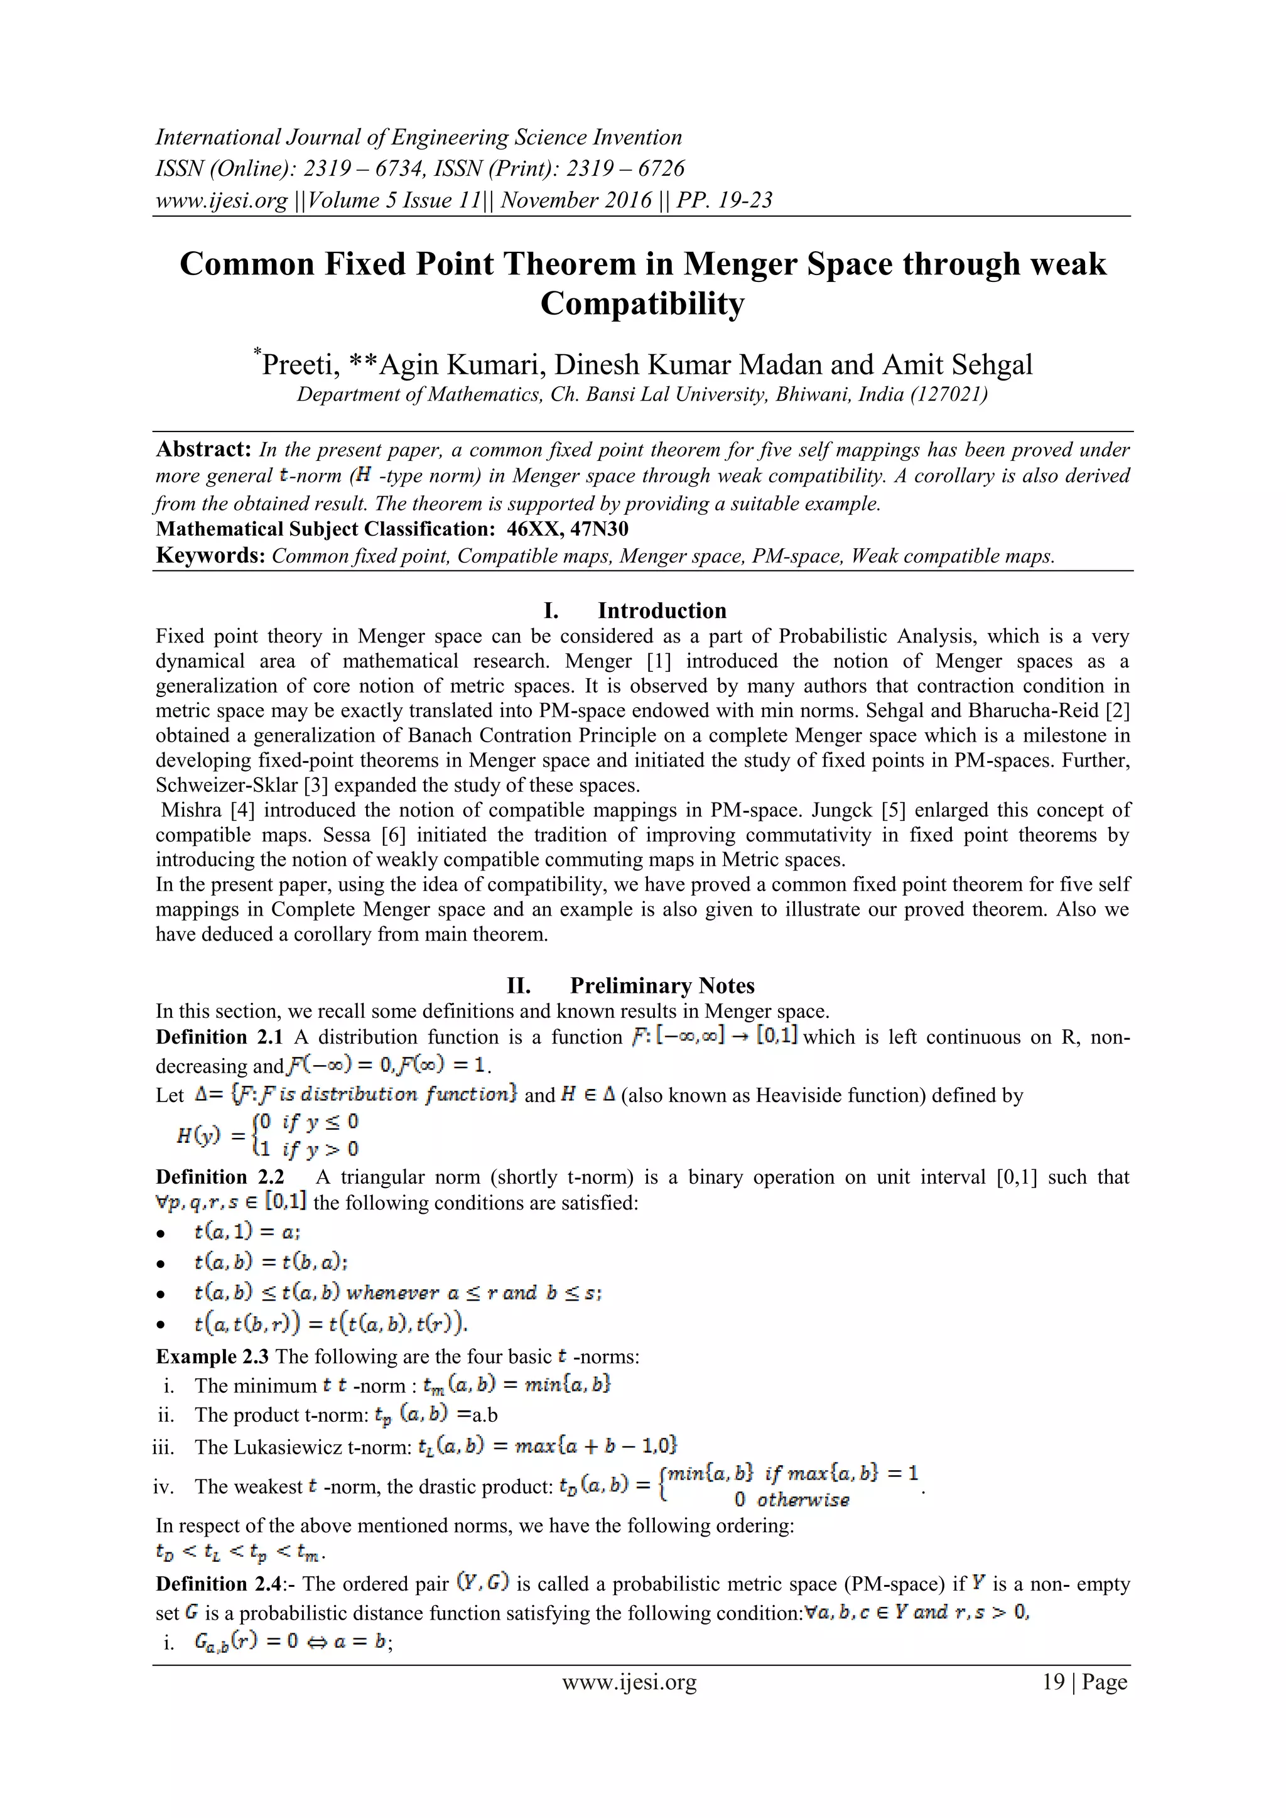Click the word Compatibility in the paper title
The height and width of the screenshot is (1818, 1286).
642,304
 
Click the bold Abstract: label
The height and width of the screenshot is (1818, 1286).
203,449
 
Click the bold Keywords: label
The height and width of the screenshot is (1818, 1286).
210,555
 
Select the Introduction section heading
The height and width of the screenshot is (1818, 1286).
661,610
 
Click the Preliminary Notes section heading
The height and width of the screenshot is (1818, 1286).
661,986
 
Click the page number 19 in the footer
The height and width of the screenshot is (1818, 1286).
1053,1682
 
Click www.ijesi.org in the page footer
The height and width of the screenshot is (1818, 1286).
630,1682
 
